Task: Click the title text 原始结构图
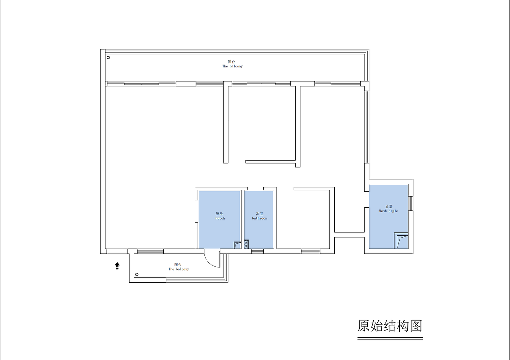coord(390,326)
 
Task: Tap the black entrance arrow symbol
coord(117,266)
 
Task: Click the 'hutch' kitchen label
coord(220,218)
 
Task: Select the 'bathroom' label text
coord(259,218)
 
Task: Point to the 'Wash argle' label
coord(388,211)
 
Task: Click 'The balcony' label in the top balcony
coord(232,66)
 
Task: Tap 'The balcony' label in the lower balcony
coord(178,270)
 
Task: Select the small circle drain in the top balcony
coord(108,57)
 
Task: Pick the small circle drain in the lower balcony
coord(137,274)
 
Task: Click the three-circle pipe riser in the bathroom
coord(246,244)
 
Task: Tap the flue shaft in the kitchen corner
coord(237,245)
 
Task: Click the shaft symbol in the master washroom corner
coord(401,241)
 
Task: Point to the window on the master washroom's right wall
coord(411,203)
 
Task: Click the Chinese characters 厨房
coord(219,214)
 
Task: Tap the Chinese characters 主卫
coord(388,207)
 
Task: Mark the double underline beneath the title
coord(390,338)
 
